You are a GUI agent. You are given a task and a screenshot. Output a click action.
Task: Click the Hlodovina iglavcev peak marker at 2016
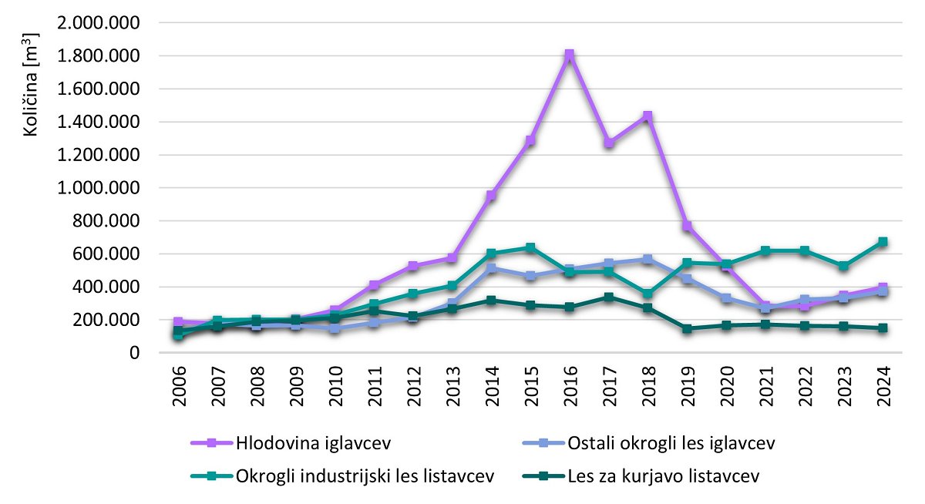569,55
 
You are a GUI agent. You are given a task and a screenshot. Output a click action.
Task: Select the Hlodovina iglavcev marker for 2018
647,116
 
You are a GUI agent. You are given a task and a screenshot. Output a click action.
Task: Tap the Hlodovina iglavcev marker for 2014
490,196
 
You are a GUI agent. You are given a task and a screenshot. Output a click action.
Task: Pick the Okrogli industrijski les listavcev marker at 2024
883,242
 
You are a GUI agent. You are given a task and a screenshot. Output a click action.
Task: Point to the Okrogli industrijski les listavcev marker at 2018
647,294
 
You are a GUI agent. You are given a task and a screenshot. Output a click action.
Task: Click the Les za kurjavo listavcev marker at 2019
687,328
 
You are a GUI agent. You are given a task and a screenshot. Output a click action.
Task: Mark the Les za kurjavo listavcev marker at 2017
608,297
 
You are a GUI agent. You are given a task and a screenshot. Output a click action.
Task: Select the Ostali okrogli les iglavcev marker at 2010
335,328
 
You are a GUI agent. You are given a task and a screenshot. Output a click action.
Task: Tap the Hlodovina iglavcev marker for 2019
687,226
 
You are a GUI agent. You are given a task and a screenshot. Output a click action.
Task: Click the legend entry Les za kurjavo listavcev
663,476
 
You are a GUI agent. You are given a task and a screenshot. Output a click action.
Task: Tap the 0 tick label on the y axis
134,353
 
